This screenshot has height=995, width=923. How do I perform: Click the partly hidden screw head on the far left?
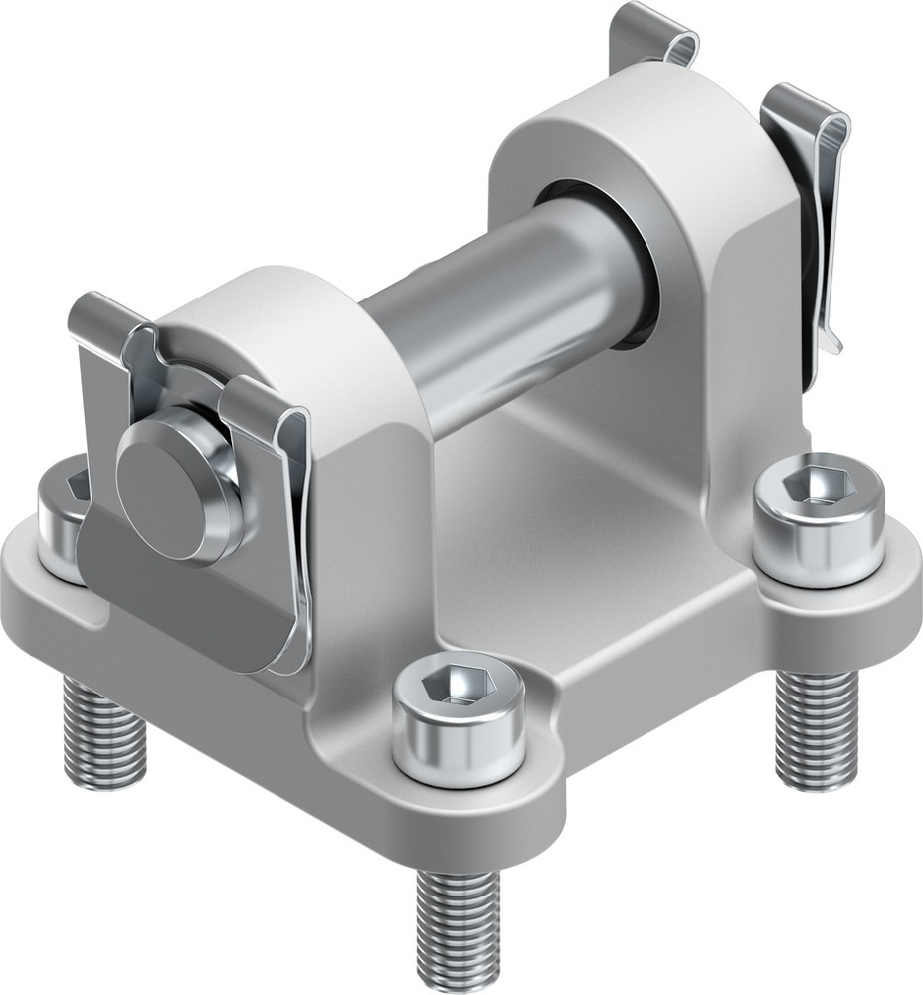click(60, 517)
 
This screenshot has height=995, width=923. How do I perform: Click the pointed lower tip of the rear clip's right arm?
click(831, 343)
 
